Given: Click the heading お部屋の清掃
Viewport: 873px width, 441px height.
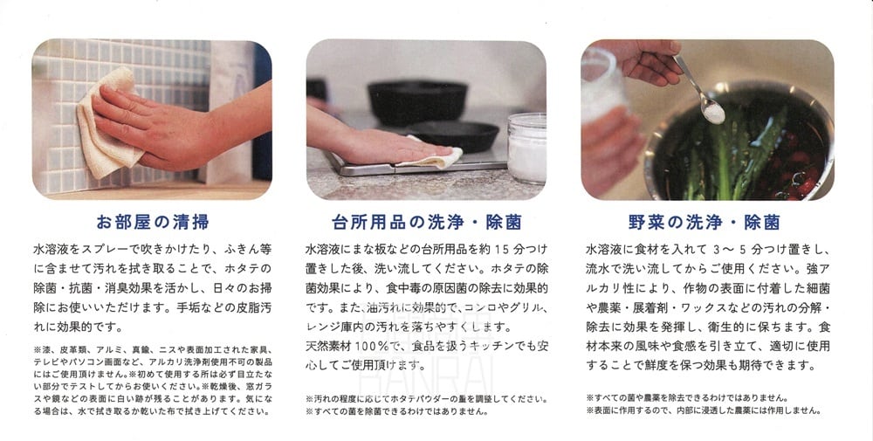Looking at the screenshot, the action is (153, 222).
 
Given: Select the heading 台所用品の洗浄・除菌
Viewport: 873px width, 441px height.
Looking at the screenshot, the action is (427, 222).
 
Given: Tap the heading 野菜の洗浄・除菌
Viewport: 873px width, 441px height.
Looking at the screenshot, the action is (704, 222).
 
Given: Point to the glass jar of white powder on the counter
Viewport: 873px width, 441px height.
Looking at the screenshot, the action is (526, 148).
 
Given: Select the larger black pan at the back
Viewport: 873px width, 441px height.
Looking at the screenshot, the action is (416, 102).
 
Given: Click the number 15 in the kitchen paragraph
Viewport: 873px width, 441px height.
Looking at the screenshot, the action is (502, 249).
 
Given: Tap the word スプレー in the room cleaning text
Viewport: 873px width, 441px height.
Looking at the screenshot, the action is (113, 249).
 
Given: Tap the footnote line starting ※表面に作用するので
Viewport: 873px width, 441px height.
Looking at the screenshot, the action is (703, 410).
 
